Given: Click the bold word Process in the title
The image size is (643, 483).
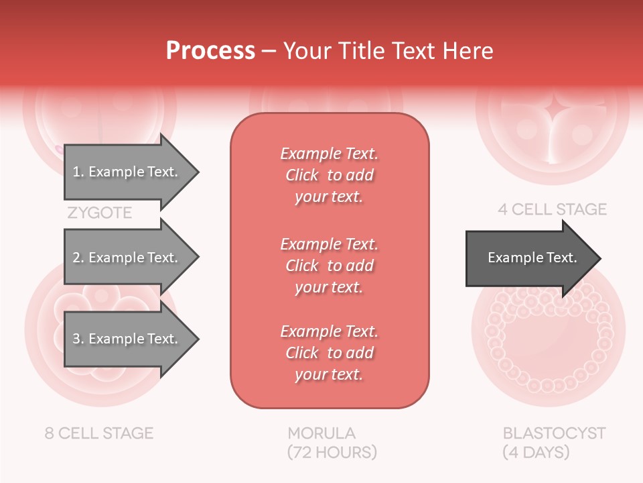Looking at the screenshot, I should [210, 51].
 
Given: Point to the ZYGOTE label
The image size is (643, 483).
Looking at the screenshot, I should [99, 213].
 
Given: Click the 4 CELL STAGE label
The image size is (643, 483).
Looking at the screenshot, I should [552, 209].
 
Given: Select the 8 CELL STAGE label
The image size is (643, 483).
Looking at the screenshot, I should [99, 433].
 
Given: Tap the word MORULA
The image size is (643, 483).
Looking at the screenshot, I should [321, 433].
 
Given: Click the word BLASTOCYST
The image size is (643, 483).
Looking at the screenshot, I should [554, 433].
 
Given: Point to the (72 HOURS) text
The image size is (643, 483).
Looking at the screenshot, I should [332, 452].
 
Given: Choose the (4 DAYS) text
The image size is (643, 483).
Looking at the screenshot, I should [536, 452].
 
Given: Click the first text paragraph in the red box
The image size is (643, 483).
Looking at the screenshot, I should [329, 175].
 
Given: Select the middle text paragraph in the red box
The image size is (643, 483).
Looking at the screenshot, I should [329, 266].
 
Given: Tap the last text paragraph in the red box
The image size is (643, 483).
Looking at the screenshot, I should [329, 353].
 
